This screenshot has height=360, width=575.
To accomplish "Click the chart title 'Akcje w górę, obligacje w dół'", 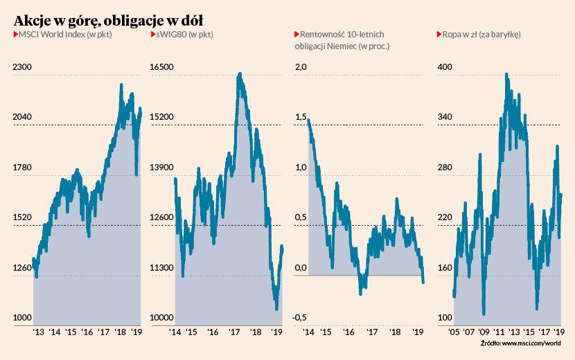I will pos(108,17).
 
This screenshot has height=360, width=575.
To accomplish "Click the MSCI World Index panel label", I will pos(64,34).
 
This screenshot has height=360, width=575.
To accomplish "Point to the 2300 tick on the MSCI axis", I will pos(22,67).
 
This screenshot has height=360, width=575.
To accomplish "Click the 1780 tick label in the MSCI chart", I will pos(22,168).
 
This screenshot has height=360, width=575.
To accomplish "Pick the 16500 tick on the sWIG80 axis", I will pos(163,67).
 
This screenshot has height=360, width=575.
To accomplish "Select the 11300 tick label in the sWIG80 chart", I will pos(163,268).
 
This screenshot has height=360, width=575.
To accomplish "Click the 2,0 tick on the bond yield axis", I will pos(301,67).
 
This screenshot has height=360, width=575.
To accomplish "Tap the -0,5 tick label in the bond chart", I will pos(300,318).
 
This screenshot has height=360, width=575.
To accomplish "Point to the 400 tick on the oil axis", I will pos(444,67).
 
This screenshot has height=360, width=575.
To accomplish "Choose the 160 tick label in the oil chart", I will pos(444,268).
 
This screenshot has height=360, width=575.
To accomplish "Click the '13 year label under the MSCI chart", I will pos(39,332).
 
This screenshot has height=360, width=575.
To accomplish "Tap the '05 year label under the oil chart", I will pos(454,332).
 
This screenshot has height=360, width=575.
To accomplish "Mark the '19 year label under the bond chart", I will pos(418,332).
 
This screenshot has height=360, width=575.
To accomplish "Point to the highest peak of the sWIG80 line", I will pos(240,73).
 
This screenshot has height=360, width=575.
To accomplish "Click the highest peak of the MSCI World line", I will pos(121,85).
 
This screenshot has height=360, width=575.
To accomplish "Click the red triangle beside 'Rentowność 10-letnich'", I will pos(297,34).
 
